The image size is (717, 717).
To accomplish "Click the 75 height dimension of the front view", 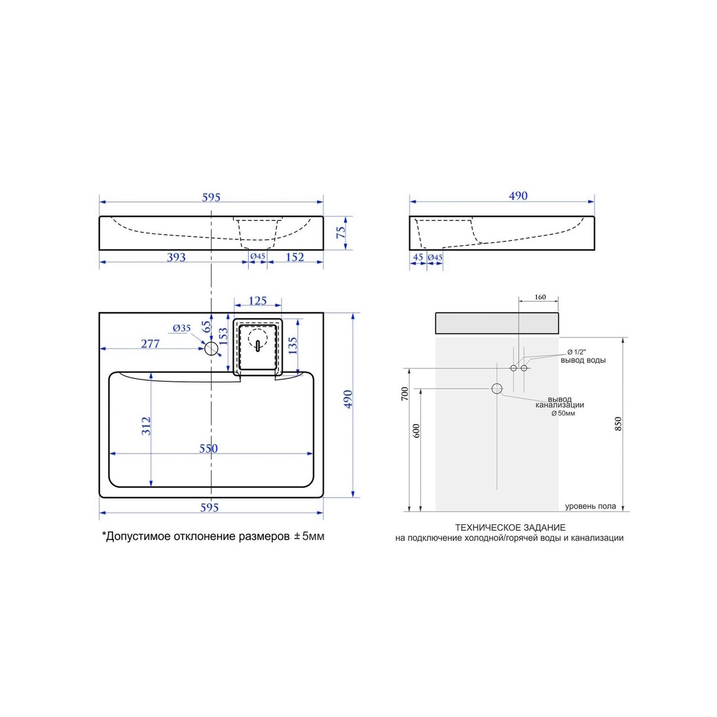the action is pos(341,233).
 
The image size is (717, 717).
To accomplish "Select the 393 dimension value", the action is pos(176,257).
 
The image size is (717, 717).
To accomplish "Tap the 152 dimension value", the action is pos(295,257).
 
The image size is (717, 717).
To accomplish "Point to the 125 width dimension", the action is pos(257,300).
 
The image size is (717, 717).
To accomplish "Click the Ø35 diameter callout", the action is pos(182,328).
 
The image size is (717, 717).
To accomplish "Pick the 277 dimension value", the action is pos(150,344).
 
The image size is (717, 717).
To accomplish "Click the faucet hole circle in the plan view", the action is pos(211,349).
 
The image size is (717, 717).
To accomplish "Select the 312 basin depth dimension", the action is pos(146,426).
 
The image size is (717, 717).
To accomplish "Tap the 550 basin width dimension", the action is pos(208,449).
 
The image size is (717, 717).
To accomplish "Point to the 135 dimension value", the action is pos(293,346).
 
